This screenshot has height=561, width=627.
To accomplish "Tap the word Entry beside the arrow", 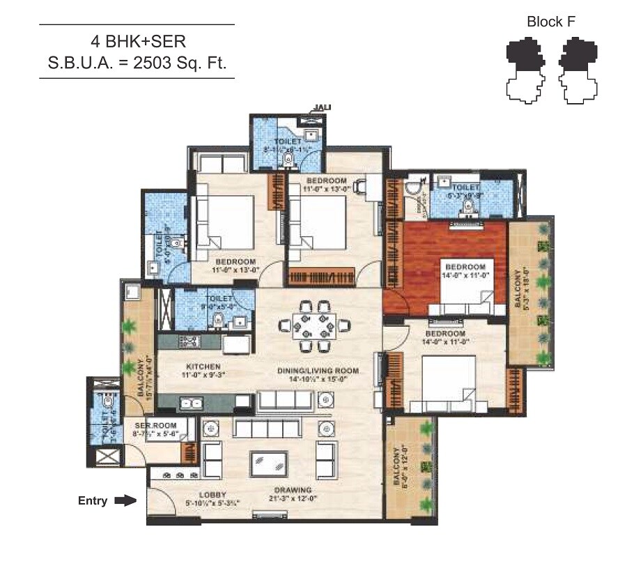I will click(93, 500).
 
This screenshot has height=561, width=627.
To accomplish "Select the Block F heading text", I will click(551, 22).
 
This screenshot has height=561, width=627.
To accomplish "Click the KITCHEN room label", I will click(203, 367).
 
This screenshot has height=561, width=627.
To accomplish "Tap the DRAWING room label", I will click(293, 490).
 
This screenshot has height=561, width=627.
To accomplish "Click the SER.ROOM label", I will click(155, 424).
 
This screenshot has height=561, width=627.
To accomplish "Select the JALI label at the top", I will click(322, 107).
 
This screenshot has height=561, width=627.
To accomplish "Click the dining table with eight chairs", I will click(313, 325).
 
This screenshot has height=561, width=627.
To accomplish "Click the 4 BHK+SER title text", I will click(137, 40).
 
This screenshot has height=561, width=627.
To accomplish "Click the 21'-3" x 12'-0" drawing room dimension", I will click(293, 499).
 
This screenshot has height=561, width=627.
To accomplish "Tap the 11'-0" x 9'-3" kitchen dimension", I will click(203, 375).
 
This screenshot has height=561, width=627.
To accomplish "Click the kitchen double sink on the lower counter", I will click(189, 402).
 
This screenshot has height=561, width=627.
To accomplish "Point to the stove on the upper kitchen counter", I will click(189, 341).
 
